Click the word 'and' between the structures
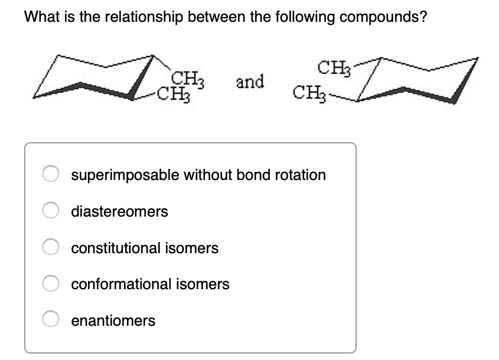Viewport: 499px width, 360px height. point(250,82)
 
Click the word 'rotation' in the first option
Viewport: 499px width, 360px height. point(301,175)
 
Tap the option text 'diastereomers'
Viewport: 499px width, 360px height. point(119,211)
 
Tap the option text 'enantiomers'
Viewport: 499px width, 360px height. point(113,320)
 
